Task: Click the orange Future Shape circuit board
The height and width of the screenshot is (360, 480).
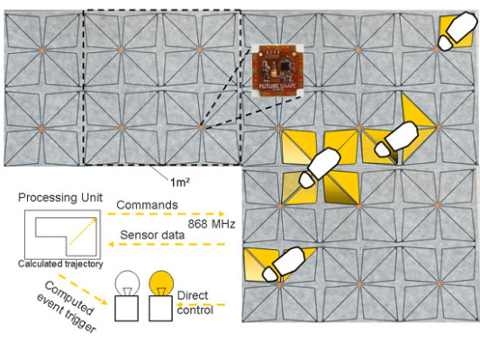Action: (277, 70)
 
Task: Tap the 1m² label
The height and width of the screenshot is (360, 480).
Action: (180, 183)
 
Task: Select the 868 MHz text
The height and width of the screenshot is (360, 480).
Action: (212, 224)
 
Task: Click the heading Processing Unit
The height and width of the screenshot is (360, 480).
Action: (60, 198)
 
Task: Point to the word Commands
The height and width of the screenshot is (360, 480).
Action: (147, 205)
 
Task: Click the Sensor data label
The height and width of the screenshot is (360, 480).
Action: (152, 235)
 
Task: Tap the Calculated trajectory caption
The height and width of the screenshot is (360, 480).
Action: (60, 264)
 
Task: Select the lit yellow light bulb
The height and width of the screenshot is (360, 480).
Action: (161, 283)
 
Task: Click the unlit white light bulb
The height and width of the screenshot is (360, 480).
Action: (127, 283)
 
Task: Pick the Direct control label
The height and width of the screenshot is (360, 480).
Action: (195, 302)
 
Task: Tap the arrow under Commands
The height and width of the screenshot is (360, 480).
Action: (166, 214)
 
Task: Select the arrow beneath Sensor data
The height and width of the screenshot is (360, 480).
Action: (167, 244)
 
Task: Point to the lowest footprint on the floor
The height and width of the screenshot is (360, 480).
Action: (284, 265)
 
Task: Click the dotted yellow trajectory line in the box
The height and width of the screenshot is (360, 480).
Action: (83, 231)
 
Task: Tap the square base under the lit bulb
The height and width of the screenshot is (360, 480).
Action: (160, 309)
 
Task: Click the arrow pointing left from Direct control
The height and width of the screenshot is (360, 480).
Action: (201, 304)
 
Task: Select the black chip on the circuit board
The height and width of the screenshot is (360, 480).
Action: (285, 66)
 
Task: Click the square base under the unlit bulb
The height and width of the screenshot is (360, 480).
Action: (127, 309)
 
